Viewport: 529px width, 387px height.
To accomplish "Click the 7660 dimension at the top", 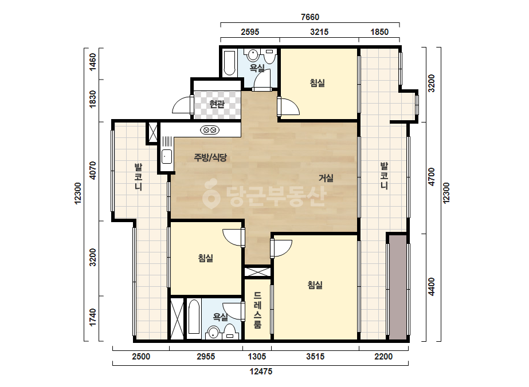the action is [309, 17].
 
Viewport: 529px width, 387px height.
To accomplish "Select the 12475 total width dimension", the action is [260, 372].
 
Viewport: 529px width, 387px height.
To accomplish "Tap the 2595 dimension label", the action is [250, 32].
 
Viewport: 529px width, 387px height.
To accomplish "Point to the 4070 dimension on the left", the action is [93, 171].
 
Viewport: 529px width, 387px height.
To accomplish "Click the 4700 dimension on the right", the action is [432, 176].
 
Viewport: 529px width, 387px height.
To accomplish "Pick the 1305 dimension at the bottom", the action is [257, 356].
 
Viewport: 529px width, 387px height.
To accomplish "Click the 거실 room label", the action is [326, 178].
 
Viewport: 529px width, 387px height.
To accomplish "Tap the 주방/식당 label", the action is [210, 157].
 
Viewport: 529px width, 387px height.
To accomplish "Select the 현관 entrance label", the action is [217, 104].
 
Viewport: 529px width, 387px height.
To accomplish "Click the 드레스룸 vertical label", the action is [257, 310].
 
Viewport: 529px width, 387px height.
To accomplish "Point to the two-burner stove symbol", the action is [210, 130].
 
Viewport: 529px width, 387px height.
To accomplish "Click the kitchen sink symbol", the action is [167, 157].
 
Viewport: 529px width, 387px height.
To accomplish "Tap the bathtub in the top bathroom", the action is [229, 63].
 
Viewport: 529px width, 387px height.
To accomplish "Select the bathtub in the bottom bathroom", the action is [194, 317].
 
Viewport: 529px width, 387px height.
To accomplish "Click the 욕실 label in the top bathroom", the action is [257, 68].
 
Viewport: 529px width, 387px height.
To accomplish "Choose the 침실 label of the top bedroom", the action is [318, 83].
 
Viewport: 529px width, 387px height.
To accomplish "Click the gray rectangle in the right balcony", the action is [398, 287].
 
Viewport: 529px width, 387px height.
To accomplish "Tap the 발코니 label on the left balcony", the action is [138, 177].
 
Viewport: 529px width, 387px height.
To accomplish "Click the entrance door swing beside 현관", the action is [182, 105].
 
